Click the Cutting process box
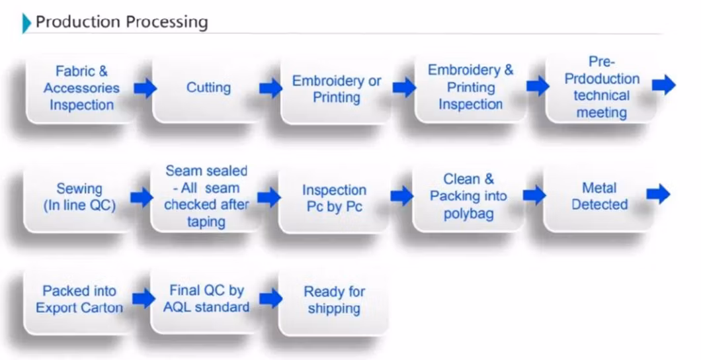(208, 88)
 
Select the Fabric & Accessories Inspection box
(82, 88)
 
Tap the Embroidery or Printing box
(337, 89)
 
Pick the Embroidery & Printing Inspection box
(470, 87)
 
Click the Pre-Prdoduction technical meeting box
(602, 87)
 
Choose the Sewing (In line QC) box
(79, 197)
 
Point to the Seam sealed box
(206, 197)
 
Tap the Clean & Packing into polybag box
(468, 197)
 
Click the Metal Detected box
(599, 197)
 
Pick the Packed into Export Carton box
(79, 299)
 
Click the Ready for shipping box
(334, 300)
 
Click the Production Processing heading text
(122, 22)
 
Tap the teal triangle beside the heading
(26, 23)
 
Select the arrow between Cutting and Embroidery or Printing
(270, 88)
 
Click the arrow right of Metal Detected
(659, 194)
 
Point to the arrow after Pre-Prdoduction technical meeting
(663, 84)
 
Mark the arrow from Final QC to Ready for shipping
(270, 298)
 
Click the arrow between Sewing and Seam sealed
(142, 197)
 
